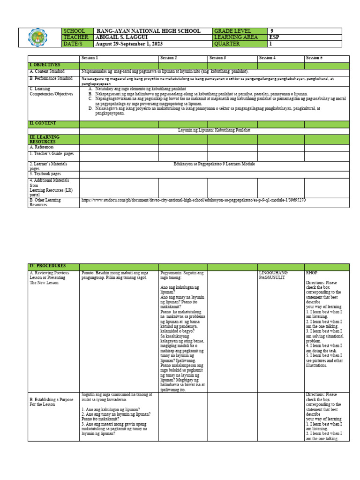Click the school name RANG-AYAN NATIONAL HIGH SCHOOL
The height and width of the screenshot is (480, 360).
tap(148, 31)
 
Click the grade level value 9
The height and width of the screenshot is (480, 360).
tap(271, 31)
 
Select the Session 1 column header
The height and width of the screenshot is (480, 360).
tap(90, 58)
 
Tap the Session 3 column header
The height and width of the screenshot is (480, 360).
tap(217, 58)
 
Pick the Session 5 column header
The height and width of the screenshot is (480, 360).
tap(314, 58)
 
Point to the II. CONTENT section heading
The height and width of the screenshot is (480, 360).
tap(43, 123)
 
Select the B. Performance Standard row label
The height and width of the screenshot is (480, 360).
tap(51, 79)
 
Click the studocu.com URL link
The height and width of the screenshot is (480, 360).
tap(194, 200)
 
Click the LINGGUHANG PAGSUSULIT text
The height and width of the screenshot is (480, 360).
tap(273, 275)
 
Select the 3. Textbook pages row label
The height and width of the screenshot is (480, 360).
tap(45, 174)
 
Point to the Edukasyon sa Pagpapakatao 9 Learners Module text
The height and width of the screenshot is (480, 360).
tap(215, 165)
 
